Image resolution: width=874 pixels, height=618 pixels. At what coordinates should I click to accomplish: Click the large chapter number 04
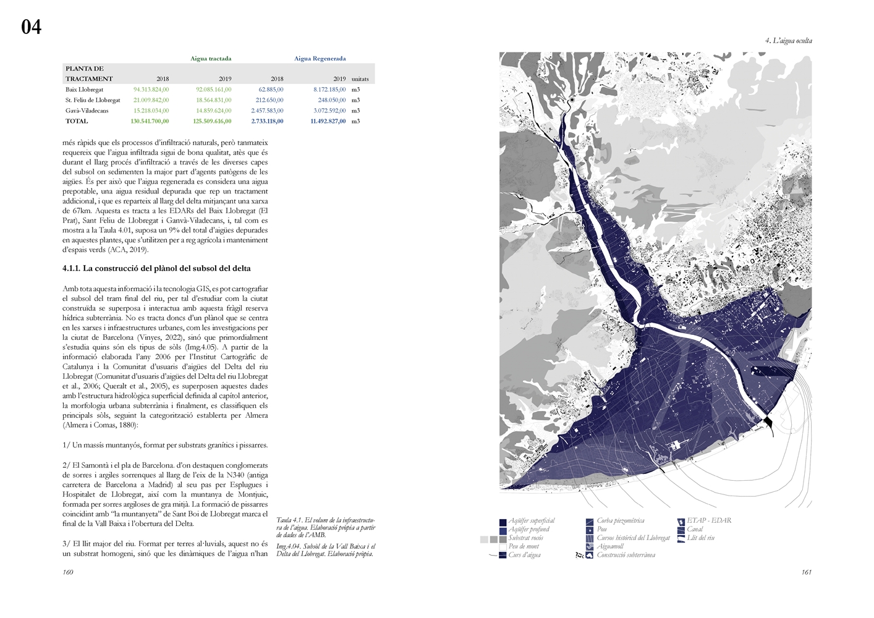click(x=31, y=27)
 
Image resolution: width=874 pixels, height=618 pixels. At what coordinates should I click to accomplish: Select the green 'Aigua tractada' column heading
click(x=211, y=59)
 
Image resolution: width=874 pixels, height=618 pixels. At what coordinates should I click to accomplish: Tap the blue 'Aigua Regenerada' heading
click(x=320, y=59)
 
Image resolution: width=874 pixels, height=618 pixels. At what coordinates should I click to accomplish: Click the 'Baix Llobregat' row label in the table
click(x=84, y=90)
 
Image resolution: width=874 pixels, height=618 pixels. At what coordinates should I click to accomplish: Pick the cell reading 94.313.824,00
click(x=151, y=90)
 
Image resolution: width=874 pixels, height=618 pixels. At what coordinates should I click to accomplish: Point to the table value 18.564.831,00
click(x=213, y=100)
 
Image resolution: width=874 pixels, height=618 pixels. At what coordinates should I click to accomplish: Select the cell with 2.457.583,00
click(x=267, y=111)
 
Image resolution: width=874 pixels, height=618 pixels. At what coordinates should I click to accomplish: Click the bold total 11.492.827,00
click(x=328, y=121)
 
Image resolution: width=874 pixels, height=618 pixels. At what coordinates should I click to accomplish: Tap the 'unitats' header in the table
click(x=360, y=79)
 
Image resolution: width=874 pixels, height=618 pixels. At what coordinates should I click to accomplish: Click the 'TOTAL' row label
click(x=77, y=121)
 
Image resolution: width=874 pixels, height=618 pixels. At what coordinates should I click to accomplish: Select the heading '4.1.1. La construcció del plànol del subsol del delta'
click(x=156, y=269)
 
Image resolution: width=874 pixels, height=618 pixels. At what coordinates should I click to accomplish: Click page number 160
click(x=67, y=572)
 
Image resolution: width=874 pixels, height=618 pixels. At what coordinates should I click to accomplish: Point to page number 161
click(x=806, y=572)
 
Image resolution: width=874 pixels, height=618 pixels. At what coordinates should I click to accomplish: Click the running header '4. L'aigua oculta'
click(x=788, y=41)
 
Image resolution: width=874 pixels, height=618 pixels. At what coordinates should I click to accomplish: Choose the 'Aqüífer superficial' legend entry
click(x=531, y=521)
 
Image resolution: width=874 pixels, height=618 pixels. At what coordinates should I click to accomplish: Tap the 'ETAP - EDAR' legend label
click(x=708, y=520)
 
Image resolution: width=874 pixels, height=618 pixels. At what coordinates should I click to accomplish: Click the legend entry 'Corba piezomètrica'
click(x=620, y=521)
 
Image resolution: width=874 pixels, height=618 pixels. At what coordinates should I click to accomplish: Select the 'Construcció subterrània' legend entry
click(x=626, y=555)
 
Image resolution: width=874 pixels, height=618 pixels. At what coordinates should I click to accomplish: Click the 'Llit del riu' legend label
click(x=700, y=538)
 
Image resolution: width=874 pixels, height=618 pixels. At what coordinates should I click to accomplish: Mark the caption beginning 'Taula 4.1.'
click(x=325, y=527)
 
